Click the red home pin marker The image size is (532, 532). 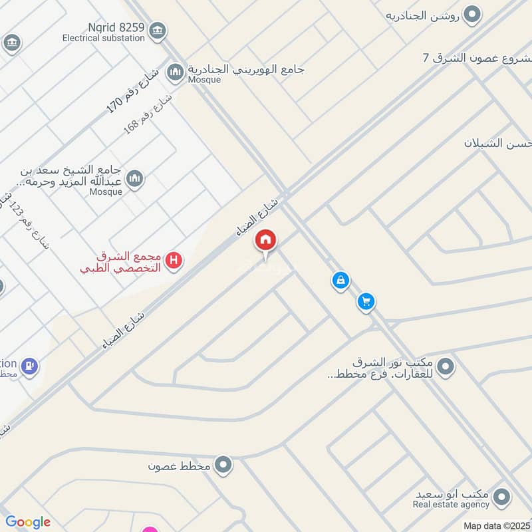pos(266,240)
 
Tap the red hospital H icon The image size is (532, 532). pos(174,261)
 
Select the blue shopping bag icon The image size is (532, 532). pos(340,281)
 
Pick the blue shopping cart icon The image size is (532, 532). pos(365,302)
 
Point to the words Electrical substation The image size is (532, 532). pos(103,38)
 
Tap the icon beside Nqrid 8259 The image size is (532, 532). pos(158,30)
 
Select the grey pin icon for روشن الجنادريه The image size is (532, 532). pos(472,15)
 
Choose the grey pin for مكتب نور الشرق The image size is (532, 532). pos(446,366)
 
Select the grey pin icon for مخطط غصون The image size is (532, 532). pos(224,465)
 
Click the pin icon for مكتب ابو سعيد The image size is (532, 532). pos(502,496)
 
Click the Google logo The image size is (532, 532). pos(28,522)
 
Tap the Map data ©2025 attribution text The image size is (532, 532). pos(495,526)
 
